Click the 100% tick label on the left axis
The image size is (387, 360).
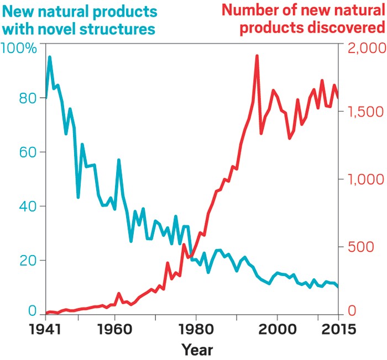pyautogui.click(x=19, y=49)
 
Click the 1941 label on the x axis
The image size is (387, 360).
pyautogui.click(x=46, y=330)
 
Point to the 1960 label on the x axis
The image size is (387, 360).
pyautogui.click(x=114, y=330)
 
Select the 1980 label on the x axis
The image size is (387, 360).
pyautogui.click(x=195, y=330)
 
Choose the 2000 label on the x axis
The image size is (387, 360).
pyautogui.click(x=276, y=330)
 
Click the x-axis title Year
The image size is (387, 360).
pyautogui.click(x=197, y=350)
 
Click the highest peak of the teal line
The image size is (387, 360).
pyautogui.click(x=50, y=57)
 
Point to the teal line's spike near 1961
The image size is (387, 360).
pyautogui.click(x=118, y=160)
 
